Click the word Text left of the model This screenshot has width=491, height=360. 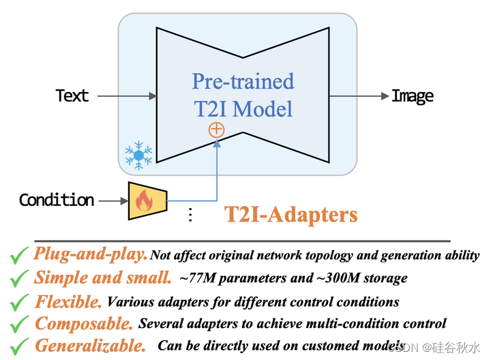click(72, 96)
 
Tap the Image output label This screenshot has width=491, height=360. click(413, 96)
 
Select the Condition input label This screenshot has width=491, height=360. click(57, 200)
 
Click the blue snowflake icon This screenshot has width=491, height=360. click(138, 155)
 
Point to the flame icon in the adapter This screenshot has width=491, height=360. click(144, 201)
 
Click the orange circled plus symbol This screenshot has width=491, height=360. click(216, 130)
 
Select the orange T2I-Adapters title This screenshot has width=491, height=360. click(291, 215)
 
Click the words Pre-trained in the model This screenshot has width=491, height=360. click(243, 82)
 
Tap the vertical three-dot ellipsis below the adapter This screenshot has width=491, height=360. click(190, 215)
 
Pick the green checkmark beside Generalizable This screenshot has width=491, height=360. click(18, 346)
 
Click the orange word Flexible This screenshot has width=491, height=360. click(68, 301)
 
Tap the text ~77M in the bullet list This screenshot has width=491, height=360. click(197, 278)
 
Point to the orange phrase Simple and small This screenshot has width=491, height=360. click(102, 278)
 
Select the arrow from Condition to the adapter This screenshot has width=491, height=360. click(113, 200)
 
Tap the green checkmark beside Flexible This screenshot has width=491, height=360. click(18, 301)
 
